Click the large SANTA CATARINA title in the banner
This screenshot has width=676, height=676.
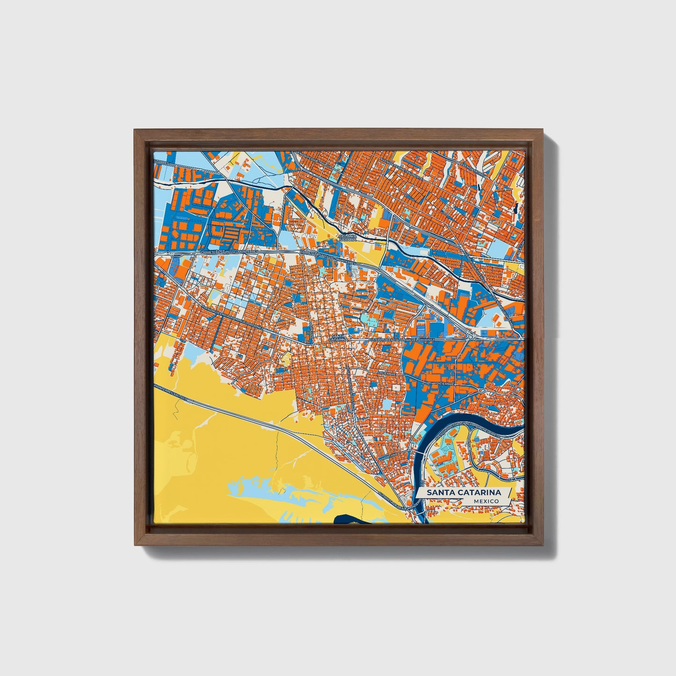(463, 493)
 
